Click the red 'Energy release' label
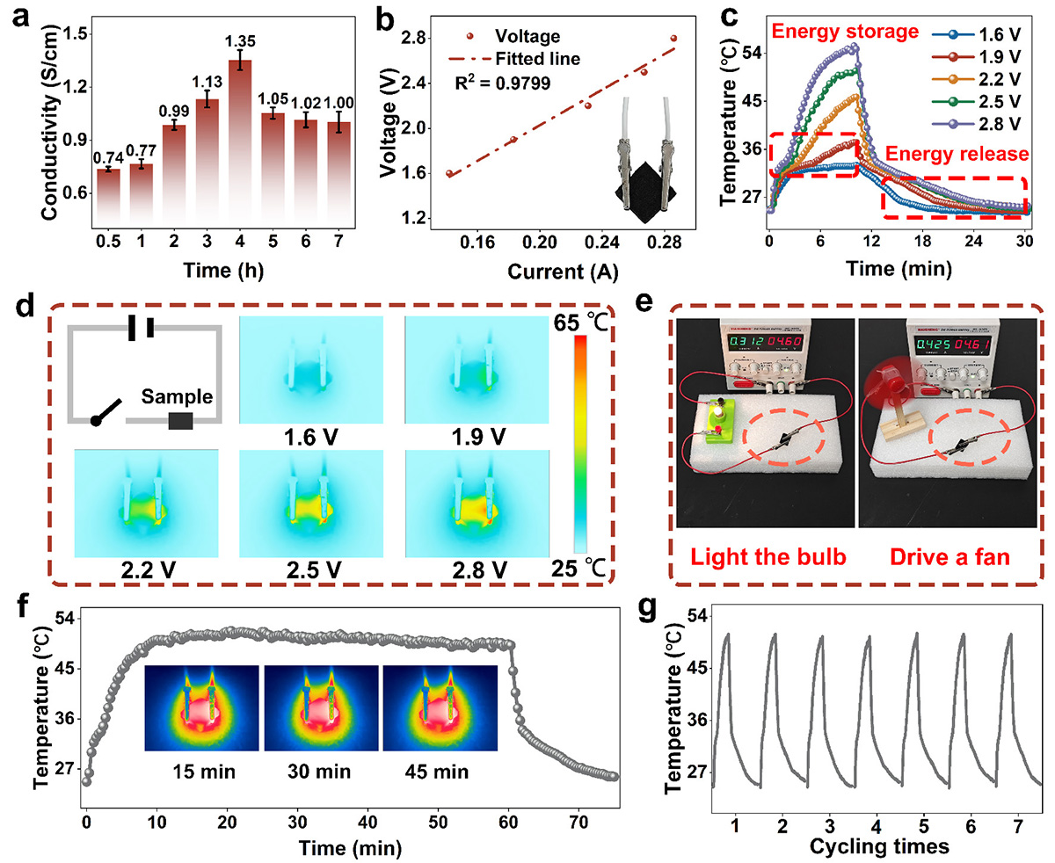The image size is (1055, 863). click(957, 155)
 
